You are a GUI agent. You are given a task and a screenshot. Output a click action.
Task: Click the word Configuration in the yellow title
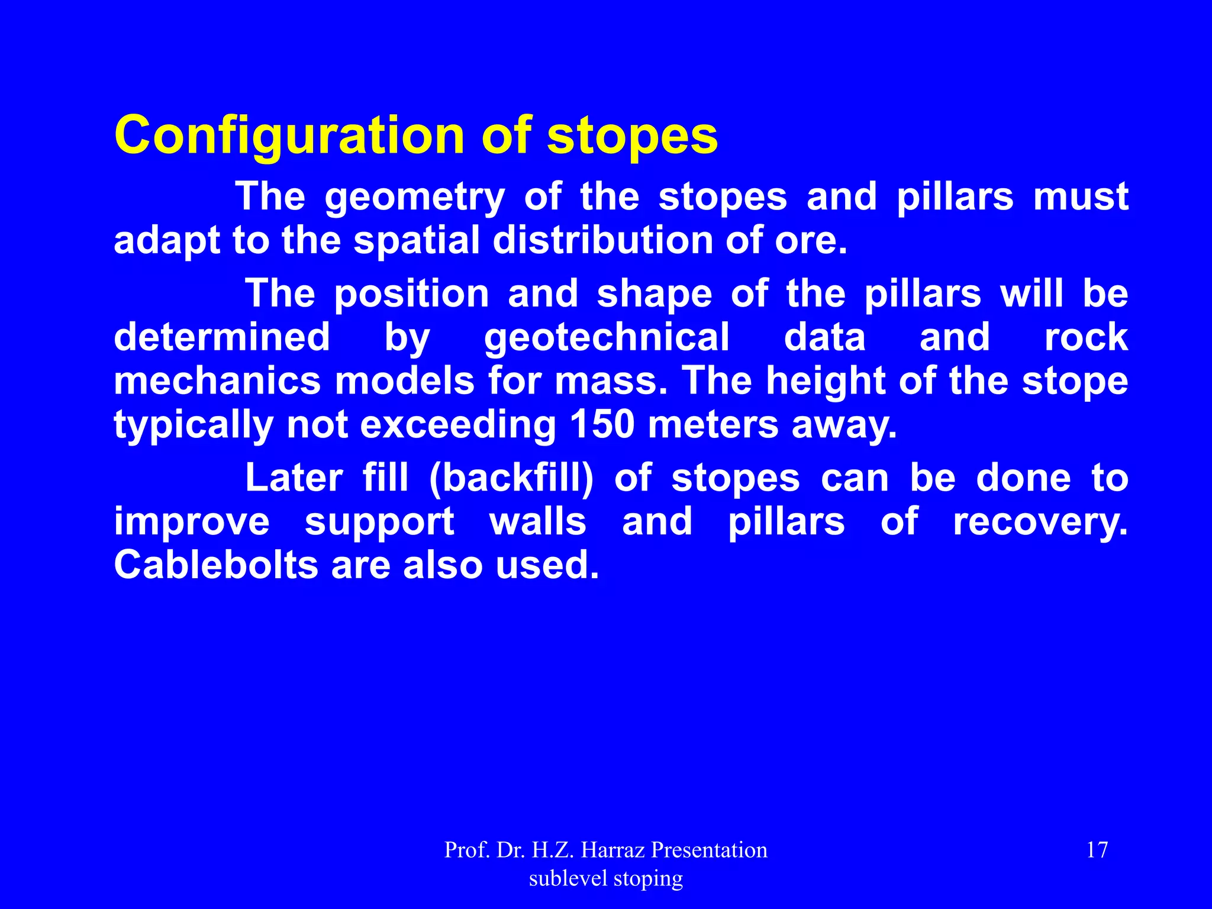290,136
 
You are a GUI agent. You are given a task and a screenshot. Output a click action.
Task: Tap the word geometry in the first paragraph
414,198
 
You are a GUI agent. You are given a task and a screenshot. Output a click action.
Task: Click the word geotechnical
607,338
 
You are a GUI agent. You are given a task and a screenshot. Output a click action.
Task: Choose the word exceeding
457,426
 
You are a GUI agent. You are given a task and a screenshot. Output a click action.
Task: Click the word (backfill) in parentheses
511,478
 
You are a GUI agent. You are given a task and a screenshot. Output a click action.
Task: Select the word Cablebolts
216,565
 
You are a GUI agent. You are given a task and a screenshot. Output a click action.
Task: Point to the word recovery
1040,523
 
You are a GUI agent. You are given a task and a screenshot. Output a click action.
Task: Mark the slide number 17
1097,850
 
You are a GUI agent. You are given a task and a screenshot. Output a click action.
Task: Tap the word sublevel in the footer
568,879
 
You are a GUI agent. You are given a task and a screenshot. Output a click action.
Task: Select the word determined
221,337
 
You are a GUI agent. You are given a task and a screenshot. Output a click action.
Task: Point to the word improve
192,523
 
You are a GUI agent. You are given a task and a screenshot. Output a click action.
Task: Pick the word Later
294,478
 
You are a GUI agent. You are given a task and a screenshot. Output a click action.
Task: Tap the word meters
713,424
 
